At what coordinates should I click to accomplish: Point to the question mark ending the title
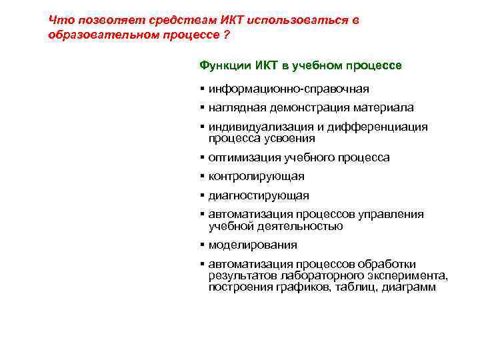pyautogui.click(x=228, y=34)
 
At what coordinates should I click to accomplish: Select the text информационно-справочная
pyautogui.click(x=288, y=89)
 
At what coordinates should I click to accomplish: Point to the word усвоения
pyautogui.click(x=291, y=138)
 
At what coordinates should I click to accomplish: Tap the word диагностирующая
pyautogui.click(x=258, y=196)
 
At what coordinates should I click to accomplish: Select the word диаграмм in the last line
pyautogui.click(x=410, y=287)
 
